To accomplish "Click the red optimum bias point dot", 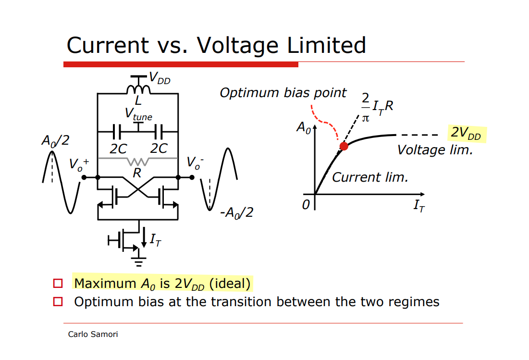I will pyautogui.click(x=344, y=146).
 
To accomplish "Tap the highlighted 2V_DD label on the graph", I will pyautogui.click(x=466, y=134).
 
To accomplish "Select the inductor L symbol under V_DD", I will pyautogui.click(x=138, y=89).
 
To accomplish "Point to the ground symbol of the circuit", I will pyautogui.click(x=139, y=261).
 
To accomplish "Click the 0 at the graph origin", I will pyautogui.click(x=306, y=205).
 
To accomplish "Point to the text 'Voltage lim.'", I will pyautogui.click(x=435, y=150).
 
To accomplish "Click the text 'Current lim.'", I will pyautogui.click(x=369, y=177).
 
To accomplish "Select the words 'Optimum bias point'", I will pyautogui.click(x=283, y=93).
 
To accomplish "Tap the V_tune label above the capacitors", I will pyautogui.click(x=138, y=114).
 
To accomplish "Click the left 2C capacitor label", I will pyautogui.click(x=118, y=149).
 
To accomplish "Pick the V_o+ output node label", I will pyautogui.click(x=78, y=164).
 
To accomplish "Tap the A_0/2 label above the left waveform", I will pyautogui.click(x=55, y=141).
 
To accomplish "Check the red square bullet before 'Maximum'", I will pyautogui.click(x=58, y=284).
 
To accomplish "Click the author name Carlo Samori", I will pyautogui.click(x=93, y=334).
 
